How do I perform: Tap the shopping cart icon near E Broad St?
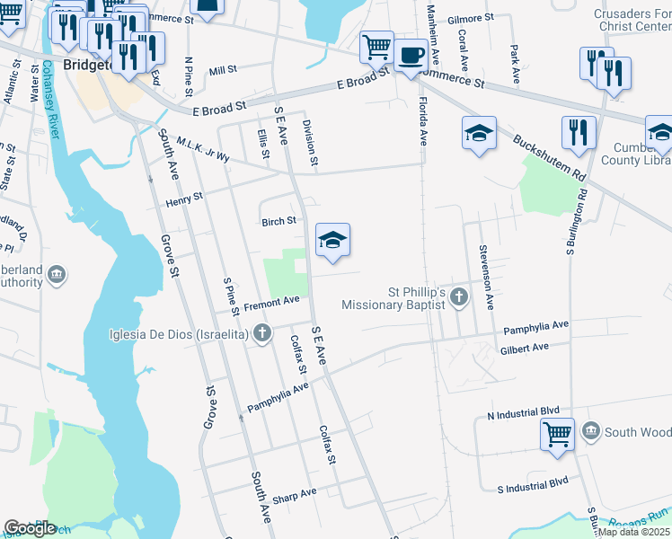(376, 46)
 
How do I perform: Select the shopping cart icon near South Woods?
(557, 434)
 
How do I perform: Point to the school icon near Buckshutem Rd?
(480, 134)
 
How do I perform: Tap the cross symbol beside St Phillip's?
(459, 296)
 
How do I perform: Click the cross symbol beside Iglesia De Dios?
(262, 335)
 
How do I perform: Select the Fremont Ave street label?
(271, 305)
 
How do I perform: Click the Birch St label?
(279, 221)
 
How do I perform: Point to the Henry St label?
(185, 200)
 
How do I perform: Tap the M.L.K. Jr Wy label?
(204, 148)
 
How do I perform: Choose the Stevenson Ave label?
(485, 278)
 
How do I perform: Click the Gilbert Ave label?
(526, 348)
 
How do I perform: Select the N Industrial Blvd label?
(523, 413)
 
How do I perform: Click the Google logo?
(30, 528)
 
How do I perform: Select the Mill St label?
(222, 69)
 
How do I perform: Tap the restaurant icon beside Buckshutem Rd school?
(579, 132)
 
